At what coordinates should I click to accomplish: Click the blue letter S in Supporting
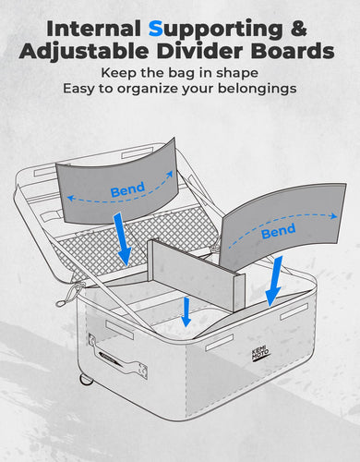pos(156,29)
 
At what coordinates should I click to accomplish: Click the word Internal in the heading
pos(93,29)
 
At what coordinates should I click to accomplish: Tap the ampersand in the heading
pos(297,29)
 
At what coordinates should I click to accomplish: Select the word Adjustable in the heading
pos(84,51)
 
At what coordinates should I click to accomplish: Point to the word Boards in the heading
pos(293,51)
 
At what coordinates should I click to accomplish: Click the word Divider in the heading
pos(199,51)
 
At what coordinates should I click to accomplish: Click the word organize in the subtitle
pos(148,90)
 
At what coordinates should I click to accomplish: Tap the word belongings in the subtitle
pos(258,90)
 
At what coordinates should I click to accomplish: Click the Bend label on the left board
pos(127,189)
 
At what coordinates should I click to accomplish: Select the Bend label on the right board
pos(278,231)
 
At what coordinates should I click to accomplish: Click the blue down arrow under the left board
pos(122,239)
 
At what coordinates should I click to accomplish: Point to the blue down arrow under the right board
pos(273,281)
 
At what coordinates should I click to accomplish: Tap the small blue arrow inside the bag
pos(186,311)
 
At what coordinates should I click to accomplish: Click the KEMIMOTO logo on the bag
pos(260,354)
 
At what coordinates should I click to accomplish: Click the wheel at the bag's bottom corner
pos(87,380)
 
